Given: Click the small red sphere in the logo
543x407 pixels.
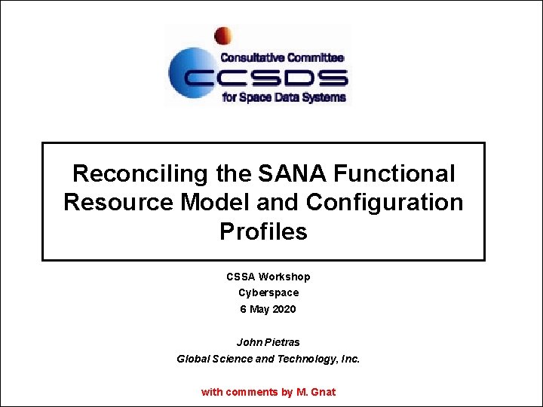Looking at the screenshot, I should point(222,35).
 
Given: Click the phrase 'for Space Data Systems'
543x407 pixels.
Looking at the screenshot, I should point(284,97).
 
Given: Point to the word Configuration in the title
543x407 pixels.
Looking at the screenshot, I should point(385,203).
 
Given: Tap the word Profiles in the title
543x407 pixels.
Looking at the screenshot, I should point(263,231).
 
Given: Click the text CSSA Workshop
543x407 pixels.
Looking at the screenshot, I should point(268,277).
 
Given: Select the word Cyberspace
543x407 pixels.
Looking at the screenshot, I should point(268,292).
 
